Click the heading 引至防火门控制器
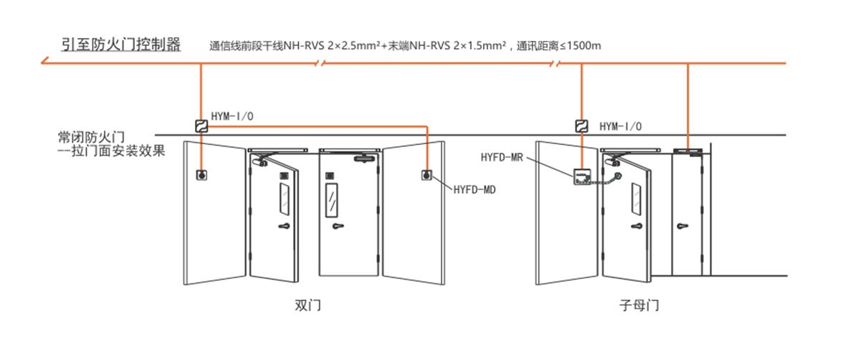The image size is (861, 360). pyautogui.click(x=120, y=45)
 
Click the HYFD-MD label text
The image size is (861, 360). pyautogui.click(x=475, y=189)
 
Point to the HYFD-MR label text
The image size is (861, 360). pyautogui.click(x=503, y=156)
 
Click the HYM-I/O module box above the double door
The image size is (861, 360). pyautogui.click(x=201, y=126)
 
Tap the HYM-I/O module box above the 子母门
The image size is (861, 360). pyautogui.click(x=582, y=126)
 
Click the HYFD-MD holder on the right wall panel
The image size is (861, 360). pyautogui.click(x=427, y=174)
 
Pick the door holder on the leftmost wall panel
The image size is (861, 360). pyautogui.click(x=201, y=174)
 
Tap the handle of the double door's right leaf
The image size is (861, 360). pyautogui.click(x=338, y=227)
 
